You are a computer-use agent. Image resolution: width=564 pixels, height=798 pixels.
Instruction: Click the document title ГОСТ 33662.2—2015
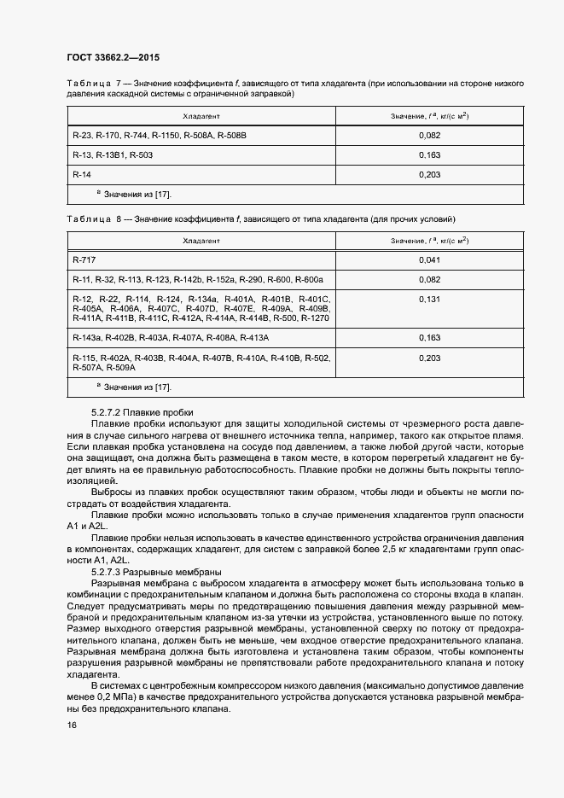pyautogui.click(x=113, y=58)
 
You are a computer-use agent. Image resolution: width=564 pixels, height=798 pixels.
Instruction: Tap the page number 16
pyautogui.click(x=72, y=725)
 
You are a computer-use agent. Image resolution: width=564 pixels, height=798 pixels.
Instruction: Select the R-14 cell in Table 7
pyautogui.click(x=82, y=174)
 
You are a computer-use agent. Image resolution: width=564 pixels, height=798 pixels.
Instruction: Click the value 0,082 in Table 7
pyautogui.click(x=430, y=136)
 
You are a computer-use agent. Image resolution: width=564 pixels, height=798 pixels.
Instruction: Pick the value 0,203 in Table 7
pyautogui.click(x=430, y=174)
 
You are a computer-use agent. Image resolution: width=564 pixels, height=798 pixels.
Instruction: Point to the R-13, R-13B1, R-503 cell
pyautogui.click(x=113, y=155)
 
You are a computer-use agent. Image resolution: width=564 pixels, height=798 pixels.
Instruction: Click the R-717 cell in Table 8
pyautogui.click(x=84, y=259)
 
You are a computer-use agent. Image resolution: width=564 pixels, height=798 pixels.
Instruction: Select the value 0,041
pyautogui.click(x=430, y=259)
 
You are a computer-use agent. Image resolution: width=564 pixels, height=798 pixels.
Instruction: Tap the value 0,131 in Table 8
pyautogui.click(x=430, y=300)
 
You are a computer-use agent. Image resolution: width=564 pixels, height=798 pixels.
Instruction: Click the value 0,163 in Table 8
pyautogui.click(x=430, y=338)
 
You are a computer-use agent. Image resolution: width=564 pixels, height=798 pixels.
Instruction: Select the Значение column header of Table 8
pyautogui.click(x=430, y=241)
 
